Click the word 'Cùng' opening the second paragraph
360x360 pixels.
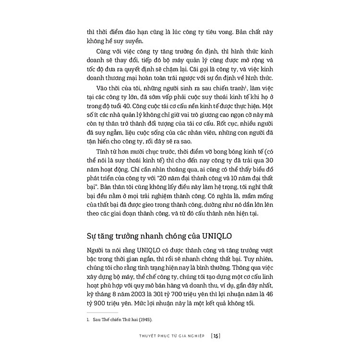click(104, 50)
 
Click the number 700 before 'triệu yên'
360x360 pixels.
click(196, 294)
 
